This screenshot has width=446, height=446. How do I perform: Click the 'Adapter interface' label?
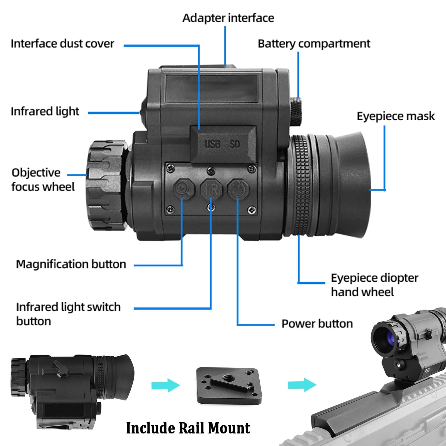coord(228,18)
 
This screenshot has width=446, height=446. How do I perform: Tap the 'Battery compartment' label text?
coord(314,44)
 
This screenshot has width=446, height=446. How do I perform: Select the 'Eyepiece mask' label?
coord(396,116)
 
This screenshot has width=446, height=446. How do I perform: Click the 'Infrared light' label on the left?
coord(45,111)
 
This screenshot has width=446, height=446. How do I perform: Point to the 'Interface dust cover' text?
coord(62,44)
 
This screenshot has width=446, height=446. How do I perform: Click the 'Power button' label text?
coord(317,324)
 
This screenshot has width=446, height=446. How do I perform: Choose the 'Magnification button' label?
coord(71,264)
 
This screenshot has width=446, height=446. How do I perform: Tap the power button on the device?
coord(238,189)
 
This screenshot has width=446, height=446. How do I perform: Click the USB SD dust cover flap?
coord(223,143)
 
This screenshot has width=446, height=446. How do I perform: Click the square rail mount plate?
coord(229,386)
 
